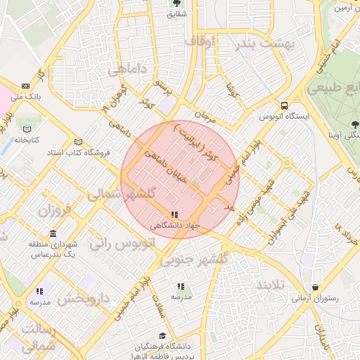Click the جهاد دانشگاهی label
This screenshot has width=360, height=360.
click(x=175, y=226)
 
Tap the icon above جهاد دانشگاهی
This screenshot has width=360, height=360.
click(x=174, y=215)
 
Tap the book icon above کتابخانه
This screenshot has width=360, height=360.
click(x=27, y=129)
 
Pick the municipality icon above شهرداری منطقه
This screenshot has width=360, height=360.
click(x=53, y=233)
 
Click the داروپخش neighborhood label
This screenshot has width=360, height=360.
click(x=84, y=299)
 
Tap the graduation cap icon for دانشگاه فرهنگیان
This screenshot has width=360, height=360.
click(x=162, y=336)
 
